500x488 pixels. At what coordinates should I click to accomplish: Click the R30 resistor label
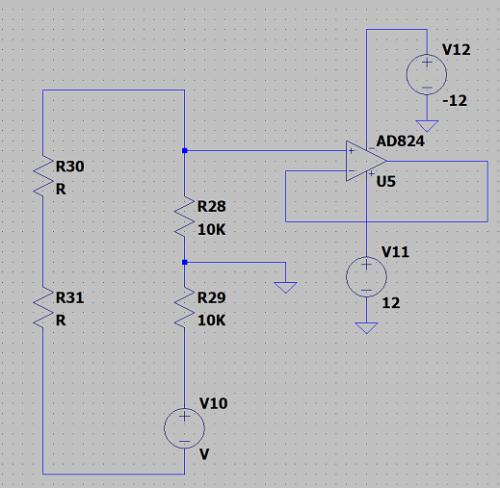point(70,167)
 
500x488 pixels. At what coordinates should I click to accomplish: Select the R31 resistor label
point(70,297)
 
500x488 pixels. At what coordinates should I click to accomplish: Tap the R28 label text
point(212,206)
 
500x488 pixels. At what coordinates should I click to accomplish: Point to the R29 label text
point(212,297)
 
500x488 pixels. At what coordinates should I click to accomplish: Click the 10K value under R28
point(212,230)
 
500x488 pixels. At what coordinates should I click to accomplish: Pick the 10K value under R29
point(212,321)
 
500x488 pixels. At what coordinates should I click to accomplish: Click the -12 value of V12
point(455,101)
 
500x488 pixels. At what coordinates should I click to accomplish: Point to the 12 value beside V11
point(391,303)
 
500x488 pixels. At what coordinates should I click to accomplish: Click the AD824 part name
point(401,141)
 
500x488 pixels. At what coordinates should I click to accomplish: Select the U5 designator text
point(385,182)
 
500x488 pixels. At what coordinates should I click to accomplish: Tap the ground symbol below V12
point(427,126)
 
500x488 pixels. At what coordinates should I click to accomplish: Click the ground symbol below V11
point(366,328)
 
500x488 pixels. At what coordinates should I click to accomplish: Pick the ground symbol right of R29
point(285,288)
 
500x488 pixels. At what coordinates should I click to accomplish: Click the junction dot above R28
point(185,150)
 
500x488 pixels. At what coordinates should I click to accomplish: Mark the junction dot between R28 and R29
point(185,262)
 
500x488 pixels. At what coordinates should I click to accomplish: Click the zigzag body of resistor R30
point(43,176)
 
